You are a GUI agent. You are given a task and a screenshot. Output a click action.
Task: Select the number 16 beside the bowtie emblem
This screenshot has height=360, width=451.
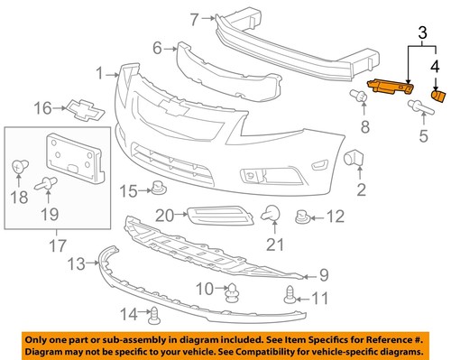pyautogui.click(x=43, y=109)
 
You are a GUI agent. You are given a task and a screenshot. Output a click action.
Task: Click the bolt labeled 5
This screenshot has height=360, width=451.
pyautogui.click(x=421, y=111)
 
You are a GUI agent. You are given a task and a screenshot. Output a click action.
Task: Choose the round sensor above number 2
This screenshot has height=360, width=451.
pyautogui.click(x=357, y=160)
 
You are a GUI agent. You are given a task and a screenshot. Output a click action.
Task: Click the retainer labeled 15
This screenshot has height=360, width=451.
pyautogui.click(x=159, y=189)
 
